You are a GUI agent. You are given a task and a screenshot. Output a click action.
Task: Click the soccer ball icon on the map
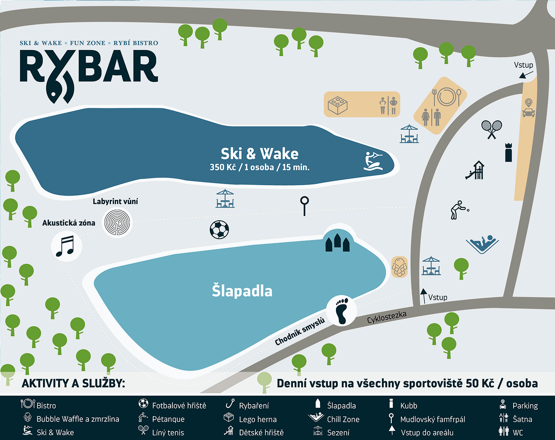(x=219, y=230)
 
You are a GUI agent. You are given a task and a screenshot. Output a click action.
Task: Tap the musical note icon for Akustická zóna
(x=66, y=246)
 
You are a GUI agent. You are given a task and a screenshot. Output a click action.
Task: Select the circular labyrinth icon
(x=117, y=223)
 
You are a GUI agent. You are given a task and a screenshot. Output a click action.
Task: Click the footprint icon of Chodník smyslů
(x=342, y=311)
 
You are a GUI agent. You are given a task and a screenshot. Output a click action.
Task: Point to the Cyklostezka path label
(x=387, y=317)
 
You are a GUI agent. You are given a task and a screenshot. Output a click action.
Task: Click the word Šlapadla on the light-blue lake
(x=242, y=291)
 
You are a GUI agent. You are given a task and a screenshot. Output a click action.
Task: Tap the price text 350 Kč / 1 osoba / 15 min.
(x=259, y=167)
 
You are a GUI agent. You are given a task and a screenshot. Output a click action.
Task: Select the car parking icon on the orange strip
(x=529, y=108)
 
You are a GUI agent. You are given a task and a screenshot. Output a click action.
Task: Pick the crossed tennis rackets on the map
(x=491, y=129)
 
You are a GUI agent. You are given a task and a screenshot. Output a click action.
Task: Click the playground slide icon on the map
(x=475, y=170)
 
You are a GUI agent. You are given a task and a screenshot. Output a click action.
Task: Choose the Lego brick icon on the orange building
(x=337, y=105)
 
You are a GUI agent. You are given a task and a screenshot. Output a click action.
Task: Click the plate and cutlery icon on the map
(x=447, y=97)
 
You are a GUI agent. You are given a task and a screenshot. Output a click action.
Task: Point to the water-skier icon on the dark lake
(x=373, y=162)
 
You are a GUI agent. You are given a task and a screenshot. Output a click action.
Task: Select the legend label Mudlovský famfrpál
(x=433, y=419)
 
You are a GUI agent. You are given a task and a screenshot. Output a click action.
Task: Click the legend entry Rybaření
(x=254, y=406)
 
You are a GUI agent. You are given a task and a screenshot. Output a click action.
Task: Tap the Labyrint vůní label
(x=115, y=202)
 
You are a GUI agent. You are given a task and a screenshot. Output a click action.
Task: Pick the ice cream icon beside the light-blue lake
(x=399, y=267)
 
